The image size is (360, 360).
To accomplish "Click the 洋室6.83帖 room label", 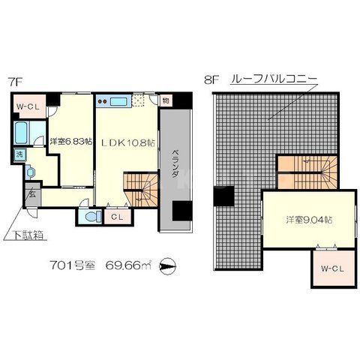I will (x=71, y=141).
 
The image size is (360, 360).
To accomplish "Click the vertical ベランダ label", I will (x=172, y=161).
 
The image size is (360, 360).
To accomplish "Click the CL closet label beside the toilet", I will (x=116, y=217).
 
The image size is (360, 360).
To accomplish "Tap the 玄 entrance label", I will (x=33, y=193).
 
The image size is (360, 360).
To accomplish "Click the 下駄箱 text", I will (x=28, y=235).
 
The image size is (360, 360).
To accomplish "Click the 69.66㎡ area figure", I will (x=130, y=265).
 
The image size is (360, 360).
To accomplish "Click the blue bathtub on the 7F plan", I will (x=22, y=133).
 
